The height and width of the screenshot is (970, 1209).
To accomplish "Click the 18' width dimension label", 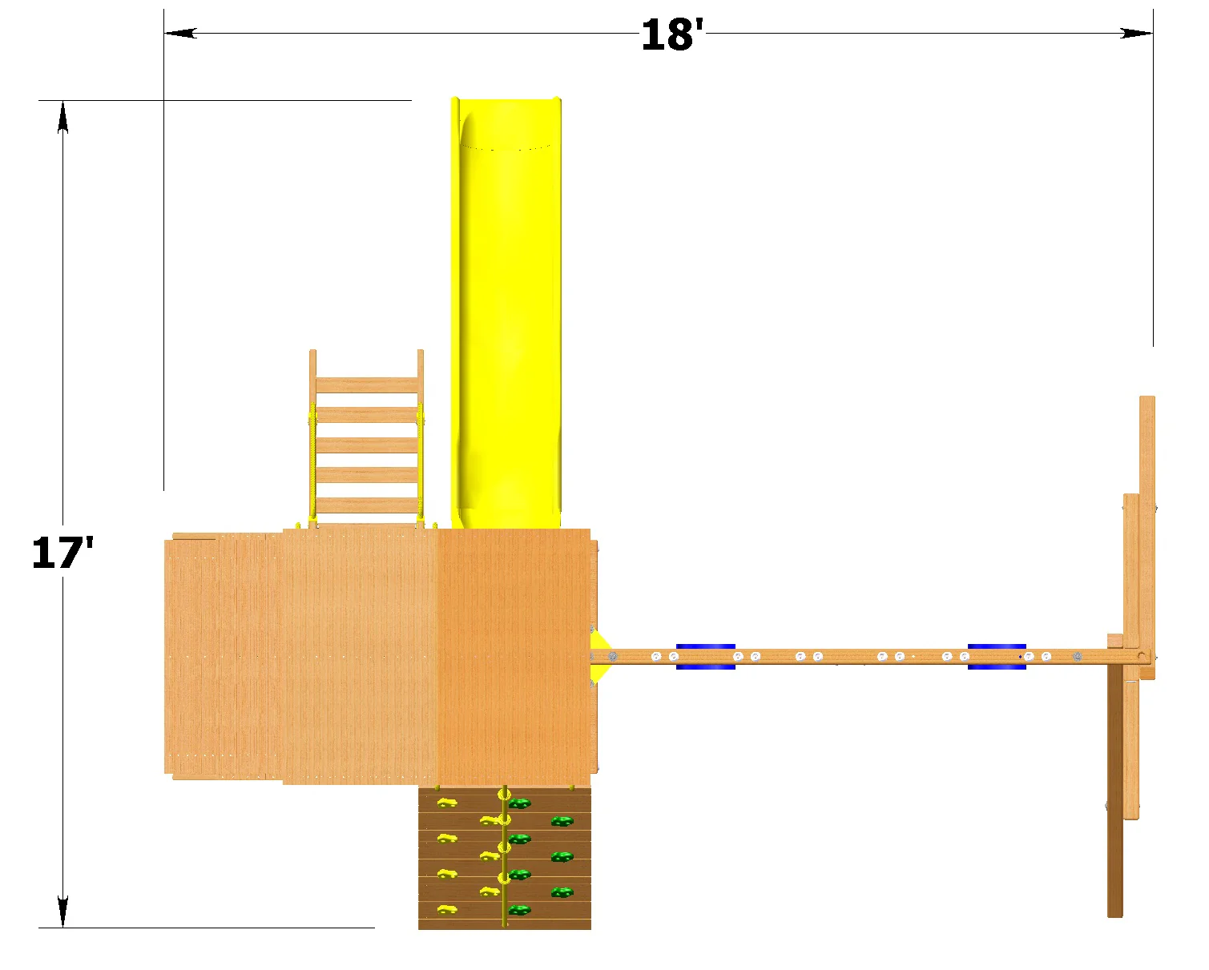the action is tap(672, 34).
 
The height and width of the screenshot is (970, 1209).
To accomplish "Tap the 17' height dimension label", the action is tap(62, 553).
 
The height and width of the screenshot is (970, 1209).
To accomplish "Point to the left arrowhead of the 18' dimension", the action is tap(180, 33).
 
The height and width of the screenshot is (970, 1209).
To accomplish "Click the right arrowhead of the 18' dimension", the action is tap(1137, 33).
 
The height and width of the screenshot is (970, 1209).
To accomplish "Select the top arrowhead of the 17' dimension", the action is tap(63, 117).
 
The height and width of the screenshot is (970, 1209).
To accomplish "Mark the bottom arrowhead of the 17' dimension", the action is tap(63, 911).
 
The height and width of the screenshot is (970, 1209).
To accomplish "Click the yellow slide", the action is tap(506, 312).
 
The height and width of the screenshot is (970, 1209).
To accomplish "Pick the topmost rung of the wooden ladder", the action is tap(367, 385).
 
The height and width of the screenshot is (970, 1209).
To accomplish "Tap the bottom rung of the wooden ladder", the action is tap(367, 505).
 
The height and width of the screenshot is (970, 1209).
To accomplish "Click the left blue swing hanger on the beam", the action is tap(706, 657).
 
